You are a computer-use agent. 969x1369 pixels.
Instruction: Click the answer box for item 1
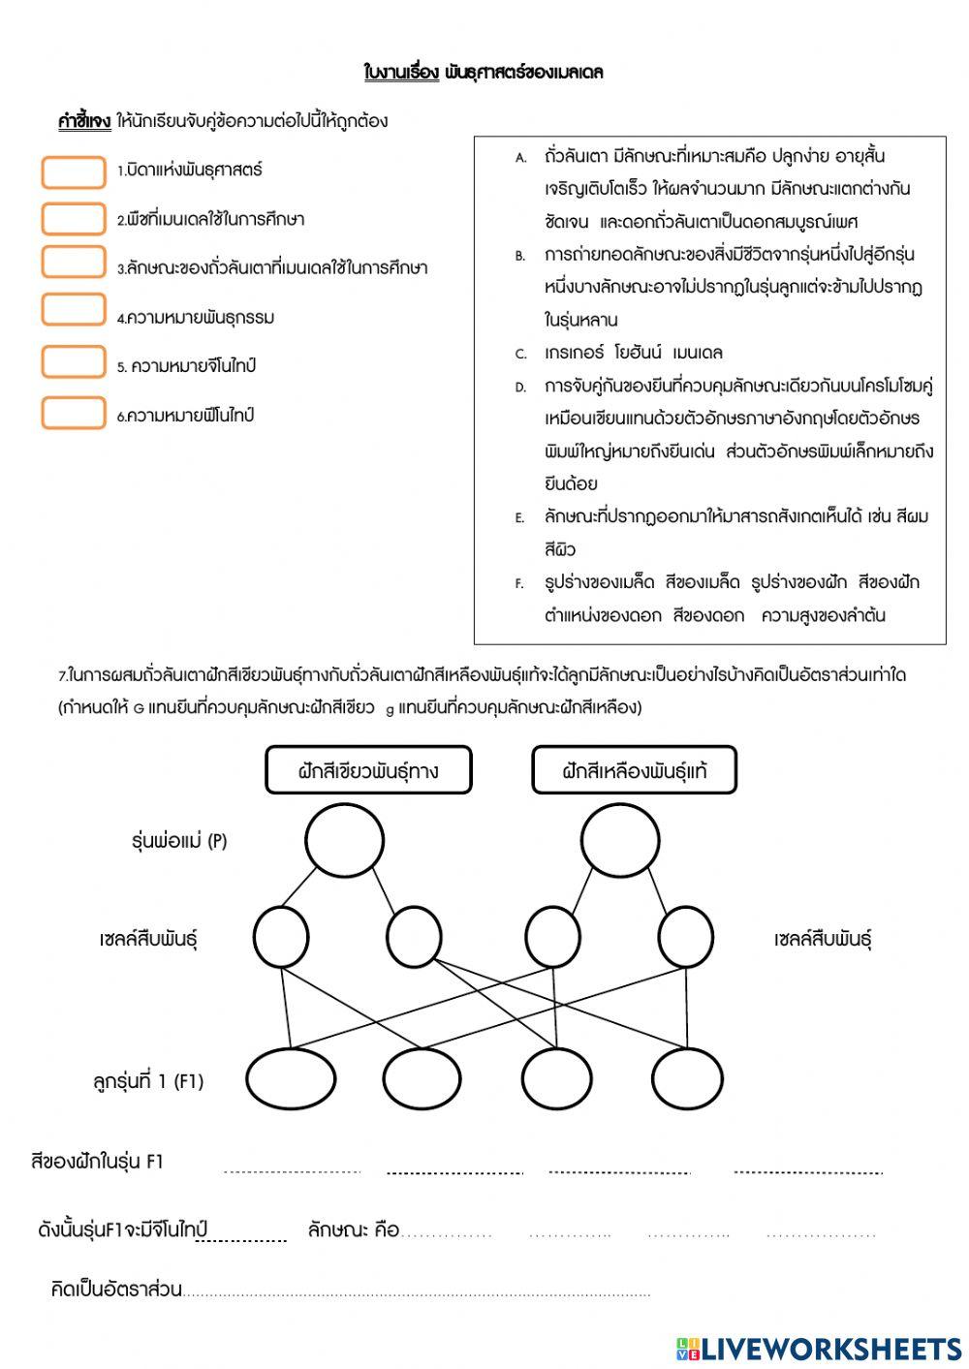pos(74,171)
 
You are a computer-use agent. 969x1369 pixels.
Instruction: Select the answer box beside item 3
pos(74,263)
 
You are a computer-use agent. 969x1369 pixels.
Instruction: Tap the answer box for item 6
pos(74,413)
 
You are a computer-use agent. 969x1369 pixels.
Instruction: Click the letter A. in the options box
pos(520,157)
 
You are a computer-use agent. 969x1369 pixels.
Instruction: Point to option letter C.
pos(520,354)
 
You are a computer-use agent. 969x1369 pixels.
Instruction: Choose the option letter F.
pos(520,583)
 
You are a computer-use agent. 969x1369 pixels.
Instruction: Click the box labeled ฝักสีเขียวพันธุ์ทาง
pos(368,770)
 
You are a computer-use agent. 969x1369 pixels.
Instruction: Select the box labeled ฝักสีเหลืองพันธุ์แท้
pos(635,770)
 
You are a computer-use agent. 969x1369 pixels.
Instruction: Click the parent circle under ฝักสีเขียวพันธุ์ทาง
pos(344,840)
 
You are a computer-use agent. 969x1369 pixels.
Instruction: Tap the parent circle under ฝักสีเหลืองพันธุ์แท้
pos(621,840)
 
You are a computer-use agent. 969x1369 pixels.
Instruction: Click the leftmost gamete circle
pos(281,937)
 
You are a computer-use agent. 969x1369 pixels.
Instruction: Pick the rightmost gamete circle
pos(686,937)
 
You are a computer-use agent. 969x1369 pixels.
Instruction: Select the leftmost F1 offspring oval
pos(291,1078)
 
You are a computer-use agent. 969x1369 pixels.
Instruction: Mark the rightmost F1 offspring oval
pos(687,1078)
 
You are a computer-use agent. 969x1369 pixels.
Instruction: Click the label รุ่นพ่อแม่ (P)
pos(179,841)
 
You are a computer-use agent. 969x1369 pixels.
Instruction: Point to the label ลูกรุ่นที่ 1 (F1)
pos(148,1081)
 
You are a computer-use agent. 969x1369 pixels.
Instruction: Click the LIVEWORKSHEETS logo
pos(819,1349)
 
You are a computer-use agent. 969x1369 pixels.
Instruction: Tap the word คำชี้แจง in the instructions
pos(84,121)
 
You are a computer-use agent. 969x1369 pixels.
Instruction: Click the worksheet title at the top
pos(484,73)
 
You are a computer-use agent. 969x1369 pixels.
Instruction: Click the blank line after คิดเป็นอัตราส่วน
pos(417,1291)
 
